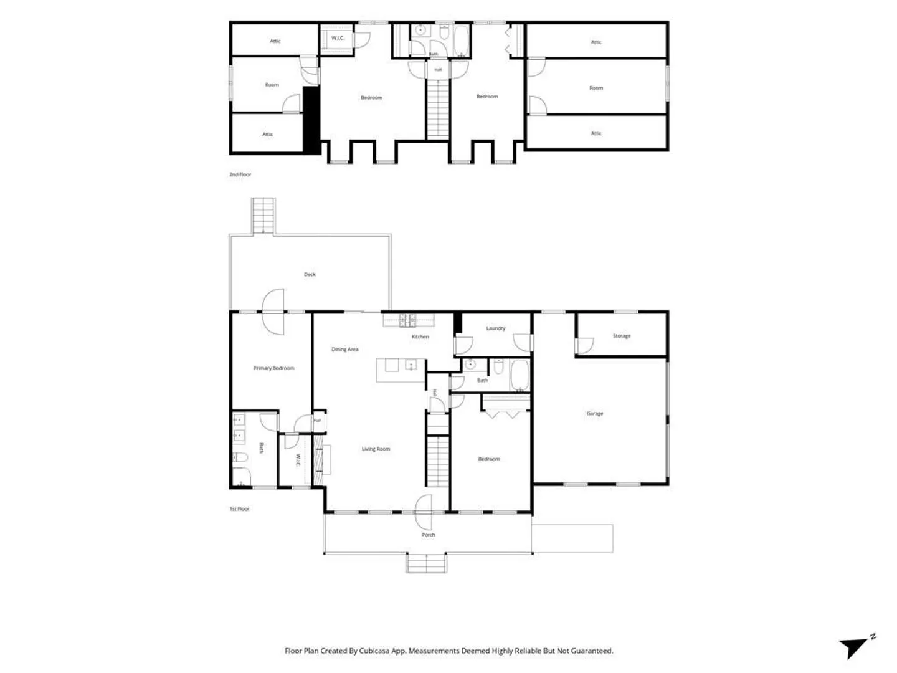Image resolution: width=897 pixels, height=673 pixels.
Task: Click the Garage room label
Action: tap(595, 414)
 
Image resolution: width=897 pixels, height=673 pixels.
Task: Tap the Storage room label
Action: tap(622, 336)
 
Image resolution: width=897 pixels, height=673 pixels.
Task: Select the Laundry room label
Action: tap(496, 328)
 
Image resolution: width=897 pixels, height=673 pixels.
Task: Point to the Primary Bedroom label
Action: tap(274, 368)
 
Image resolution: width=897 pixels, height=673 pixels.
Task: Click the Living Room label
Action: tap(376, 449)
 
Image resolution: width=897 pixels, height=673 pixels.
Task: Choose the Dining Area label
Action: tap(345, 350)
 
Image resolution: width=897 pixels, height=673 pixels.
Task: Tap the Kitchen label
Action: tap(420, 336)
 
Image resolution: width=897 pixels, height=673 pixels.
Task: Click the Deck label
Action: tap(310, 275)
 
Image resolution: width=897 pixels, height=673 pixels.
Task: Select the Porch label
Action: tap(429, 535)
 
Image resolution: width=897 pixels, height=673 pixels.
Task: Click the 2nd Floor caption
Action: tap(240, 174)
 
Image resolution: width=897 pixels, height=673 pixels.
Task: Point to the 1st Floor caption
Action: tap(239, 509)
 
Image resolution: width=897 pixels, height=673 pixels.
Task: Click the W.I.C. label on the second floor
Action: tap(338, 38)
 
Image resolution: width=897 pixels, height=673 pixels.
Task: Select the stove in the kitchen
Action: tap(407, 320)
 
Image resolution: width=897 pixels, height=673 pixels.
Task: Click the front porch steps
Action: tap(426, 563)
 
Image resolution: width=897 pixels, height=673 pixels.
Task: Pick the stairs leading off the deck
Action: tap(263, 216)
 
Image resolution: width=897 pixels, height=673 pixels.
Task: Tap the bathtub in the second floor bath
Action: tap(462, 41)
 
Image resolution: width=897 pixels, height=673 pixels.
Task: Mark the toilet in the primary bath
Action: tap(240, 457)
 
